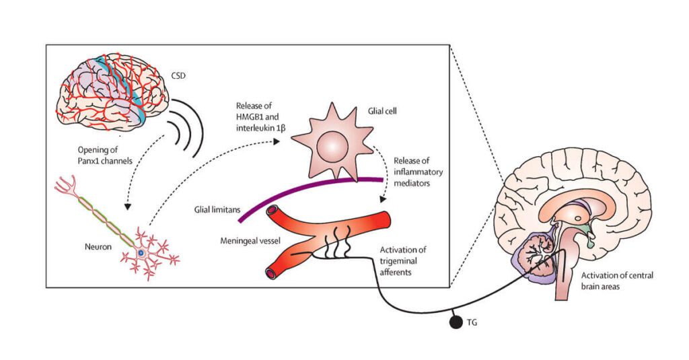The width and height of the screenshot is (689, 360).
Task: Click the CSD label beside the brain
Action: tap(178, 75)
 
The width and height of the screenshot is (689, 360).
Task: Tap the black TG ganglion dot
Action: tap(456, 322)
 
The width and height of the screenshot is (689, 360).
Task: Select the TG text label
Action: tap(472, 322)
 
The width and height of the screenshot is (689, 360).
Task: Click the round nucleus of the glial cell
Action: tap(332, 147)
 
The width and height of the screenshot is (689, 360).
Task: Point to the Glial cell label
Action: tap(382, 111)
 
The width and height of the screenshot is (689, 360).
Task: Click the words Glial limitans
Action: tap(217, 210)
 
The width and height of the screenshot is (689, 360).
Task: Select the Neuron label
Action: tap(98, 246)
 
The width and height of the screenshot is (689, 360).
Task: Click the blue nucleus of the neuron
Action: tap(141, 253)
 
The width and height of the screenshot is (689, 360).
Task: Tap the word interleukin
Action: tap(255, 129)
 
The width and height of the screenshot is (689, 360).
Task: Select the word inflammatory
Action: tap(418, 172)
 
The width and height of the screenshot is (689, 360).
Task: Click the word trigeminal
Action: tap(398, 261)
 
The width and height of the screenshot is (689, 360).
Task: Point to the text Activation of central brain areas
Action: tap(617, 281)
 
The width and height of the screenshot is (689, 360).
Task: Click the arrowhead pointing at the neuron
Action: tap(128, 205)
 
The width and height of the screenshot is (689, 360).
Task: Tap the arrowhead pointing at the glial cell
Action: tap(276, 141)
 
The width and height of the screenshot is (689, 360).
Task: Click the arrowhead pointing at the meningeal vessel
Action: tap(383, 199)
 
